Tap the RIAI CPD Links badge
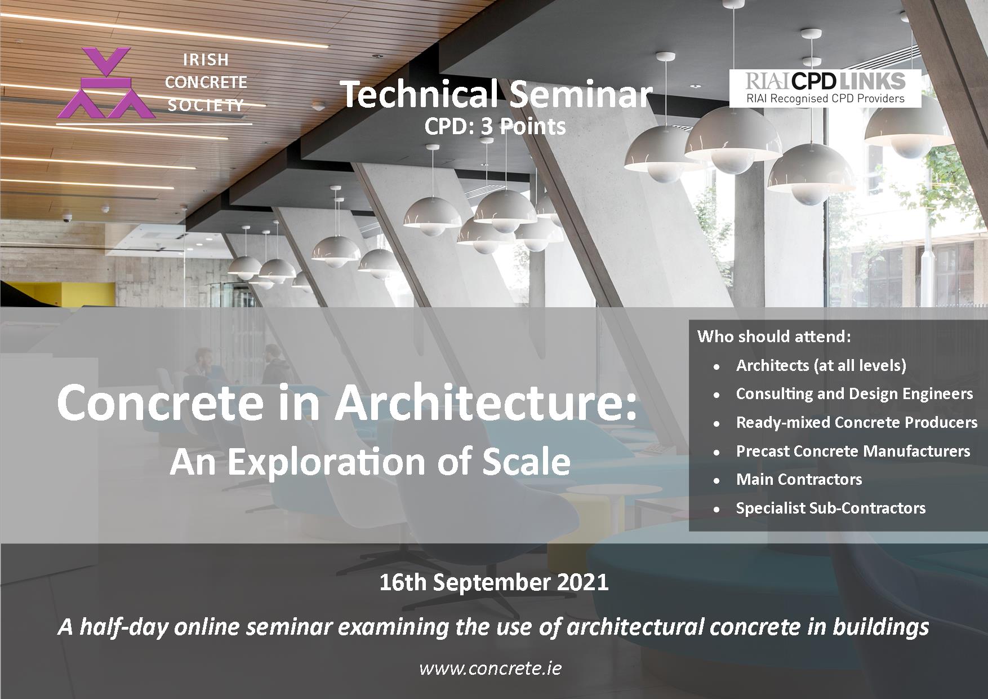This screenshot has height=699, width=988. pyautogui.click(x=825, y=88)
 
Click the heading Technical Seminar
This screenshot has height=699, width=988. pyautogui.click(x=496, y=94)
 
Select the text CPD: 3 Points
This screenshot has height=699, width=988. pyautogui.click(x=495, y=127)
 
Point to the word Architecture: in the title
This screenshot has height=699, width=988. pyautogui.click(x=486, y=403)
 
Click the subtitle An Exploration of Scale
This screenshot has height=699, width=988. pyautogui.click(x=370, y=462)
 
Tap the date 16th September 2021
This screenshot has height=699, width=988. pyautogui.click(x=494, y=582)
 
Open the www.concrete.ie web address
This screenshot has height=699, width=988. pyautogui.click(x=490, y=669)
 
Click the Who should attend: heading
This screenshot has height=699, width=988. pyautogui.click(x=774, y=337)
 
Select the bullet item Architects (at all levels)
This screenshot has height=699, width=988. pyautogui.click(x=821, y=365)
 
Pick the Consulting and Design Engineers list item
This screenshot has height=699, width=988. pyautogui.click(x=854, y=393)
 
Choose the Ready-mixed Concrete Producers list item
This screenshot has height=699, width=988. pyautogui.click(x=856, y=422)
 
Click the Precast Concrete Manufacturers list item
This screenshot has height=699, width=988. pyautogui.click(x=853, y=451)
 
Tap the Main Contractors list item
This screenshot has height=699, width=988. pyautogui.click(x=799, y=479)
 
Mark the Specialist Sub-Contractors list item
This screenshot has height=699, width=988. pyautogui.click(x=830, y=508)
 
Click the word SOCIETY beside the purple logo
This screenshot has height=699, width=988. pyautogui.click(x=205, y=105)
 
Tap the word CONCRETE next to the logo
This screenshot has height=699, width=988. pyautogui.click(x=206, y=82)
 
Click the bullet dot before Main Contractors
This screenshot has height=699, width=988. pyautogui.click(x=716, y=480)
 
